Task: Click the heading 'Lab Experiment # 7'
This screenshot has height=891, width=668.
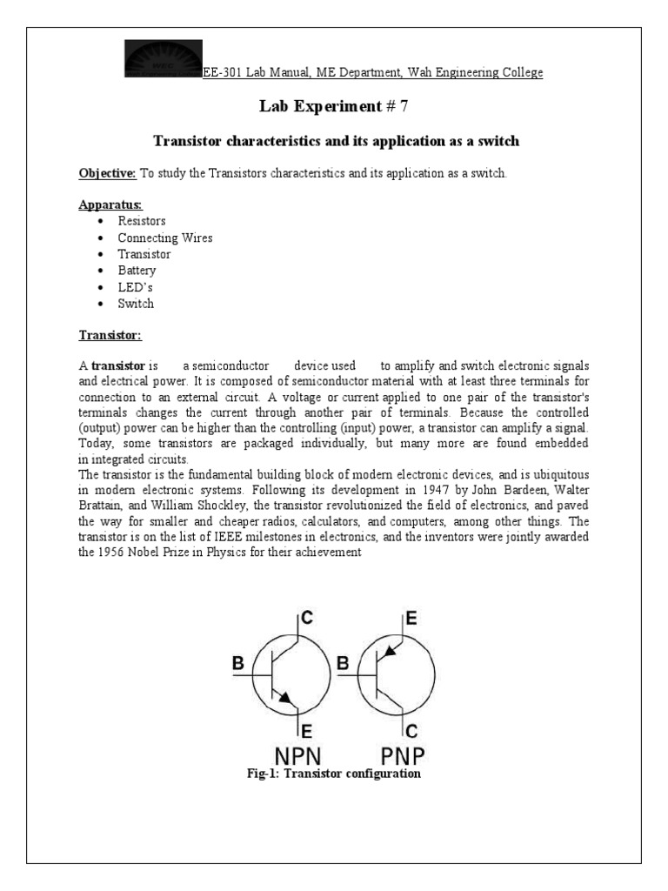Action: point(333,106)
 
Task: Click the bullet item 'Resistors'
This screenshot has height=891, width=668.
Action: point(142,222)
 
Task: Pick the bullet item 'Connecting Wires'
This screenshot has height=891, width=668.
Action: point(165,238)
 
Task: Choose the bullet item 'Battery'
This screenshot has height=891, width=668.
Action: point(137,271)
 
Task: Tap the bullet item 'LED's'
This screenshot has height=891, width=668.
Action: point(136,287)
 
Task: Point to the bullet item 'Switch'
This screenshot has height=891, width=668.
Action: point(136,304)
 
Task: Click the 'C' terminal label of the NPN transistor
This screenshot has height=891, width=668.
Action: point(307,619)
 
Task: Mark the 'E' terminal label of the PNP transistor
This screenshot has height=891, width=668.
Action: point(411,619)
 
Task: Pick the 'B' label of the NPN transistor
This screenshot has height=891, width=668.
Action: point(238,664)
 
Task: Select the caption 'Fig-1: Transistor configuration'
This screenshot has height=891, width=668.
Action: point(333,774)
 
